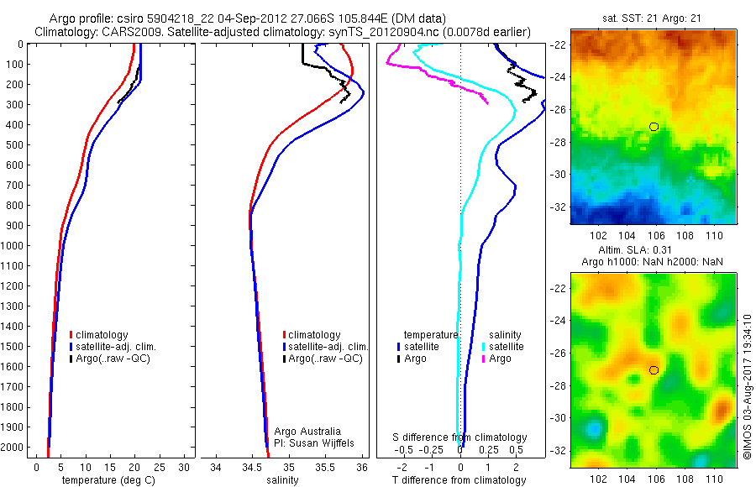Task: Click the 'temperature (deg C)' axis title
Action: (x=105, y=480)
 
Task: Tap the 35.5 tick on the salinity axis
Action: (x=325, y=467)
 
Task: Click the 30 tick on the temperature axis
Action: (x=185, y=467)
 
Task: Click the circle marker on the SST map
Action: (x=654, y=126)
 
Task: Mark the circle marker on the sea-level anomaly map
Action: (x=654, y=369)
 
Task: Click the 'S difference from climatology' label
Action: (x=460, y=437)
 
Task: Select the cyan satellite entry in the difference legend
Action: (x=504, y=346)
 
